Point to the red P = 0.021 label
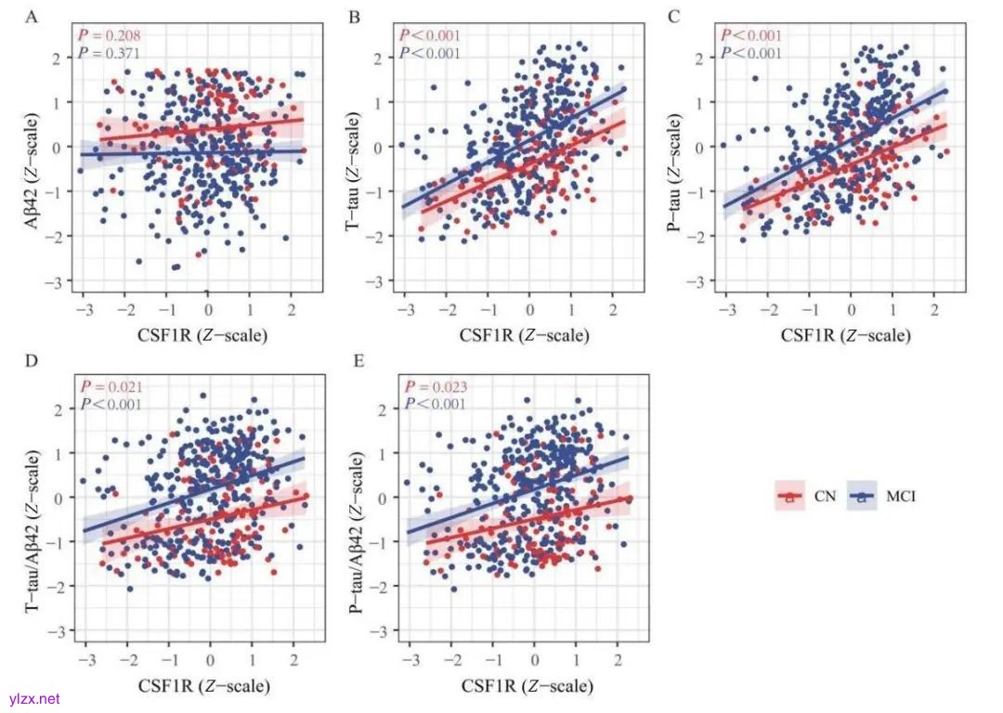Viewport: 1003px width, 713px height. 111,387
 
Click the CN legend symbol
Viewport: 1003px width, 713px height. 789,497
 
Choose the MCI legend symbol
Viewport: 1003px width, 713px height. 861,497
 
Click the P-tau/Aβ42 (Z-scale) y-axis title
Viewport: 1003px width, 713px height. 358,502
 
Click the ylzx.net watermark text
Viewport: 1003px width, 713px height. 34,699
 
